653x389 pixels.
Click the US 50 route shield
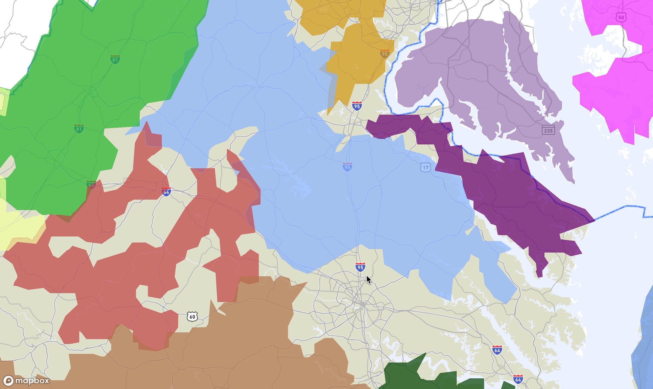(x=621, y=17)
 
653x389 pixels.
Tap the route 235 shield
(x=548, y=130)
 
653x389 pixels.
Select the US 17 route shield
(x=426, y=167)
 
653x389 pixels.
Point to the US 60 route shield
(x=192, y=317)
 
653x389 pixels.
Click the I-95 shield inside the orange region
(x=385, y=54)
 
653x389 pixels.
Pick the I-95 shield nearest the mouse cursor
(x=360, y=267)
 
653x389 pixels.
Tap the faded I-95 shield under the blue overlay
(x=347, y=167)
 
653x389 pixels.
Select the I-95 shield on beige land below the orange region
(x=357, y=106)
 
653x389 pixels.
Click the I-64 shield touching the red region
(x=166, y=192)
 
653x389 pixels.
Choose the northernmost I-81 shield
(x=115, y=59)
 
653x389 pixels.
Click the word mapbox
(x=32, y=381)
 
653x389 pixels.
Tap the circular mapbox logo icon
(x=8, y=381)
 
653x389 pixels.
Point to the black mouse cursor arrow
(x=368, y=279)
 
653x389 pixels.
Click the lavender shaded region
(x=477, y=68)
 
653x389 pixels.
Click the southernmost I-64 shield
(x=518, y=379)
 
